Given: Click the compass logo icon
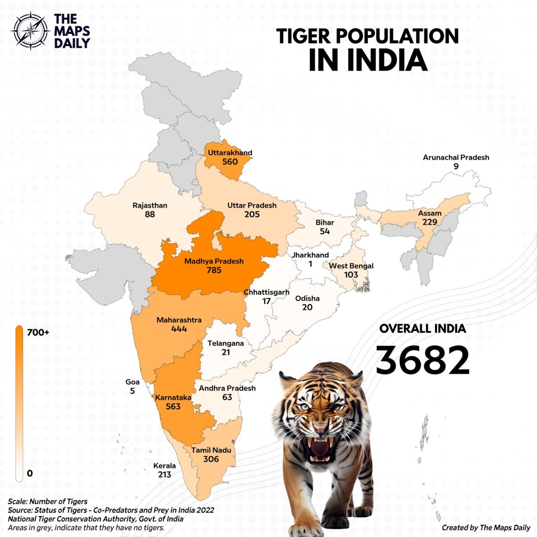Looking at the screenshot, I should click(31, 31).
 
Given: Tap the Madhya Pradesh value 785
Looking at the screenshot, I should click(214, 270).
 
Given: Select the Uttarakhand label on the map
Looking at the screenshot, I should click(230, 153).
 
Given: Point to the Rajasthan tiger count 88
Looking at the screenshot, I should click(150, 214).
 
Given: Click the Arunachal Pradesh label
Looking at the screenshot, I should click(456, 157).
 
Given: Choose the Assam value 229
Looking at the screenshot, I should click(430, 222).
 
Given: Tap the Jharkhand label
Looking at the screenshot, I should click(310, 255).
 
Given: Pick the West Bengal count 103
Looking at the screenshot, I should click(351, 275).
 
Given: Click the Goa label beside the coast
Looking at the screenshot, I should click(133, 382).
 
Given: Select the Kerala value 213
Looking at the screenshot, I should click(164, 474).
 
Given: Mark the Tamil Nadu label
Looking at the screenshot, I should click(211, 450).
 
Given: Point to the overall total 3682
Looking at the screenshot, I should click(422, 360).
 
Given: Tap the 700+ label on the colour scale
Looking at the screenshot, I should click(38, 333).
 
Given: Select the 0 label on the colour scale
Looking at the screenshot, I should click(30, 473).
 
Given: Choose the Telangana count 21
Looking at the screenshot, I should click(226, 352).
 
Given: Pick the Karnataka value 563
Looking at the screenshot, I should click(173, 407).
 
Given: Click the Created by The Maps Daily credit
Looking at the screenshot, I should click(486, 528).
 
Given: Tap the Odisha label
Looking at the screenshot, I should click(307, 298).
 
